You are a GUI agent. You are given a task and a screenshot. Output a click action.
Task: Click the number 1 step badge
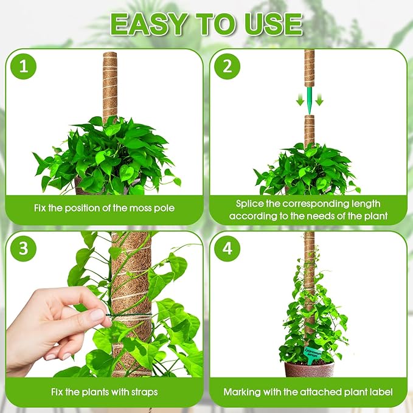point(24,68)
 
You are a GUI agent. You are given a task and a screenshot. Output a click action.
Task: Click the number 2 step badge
point(227,68)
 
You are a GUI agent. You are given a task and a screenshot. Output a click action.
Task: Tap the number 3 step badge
point(24,249)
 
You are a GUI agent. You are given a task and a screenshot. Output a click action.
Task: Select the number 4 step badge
point(227,249)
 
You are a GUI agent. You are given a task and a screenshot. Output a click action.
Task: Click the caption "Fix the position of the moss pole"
point(104,209)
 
